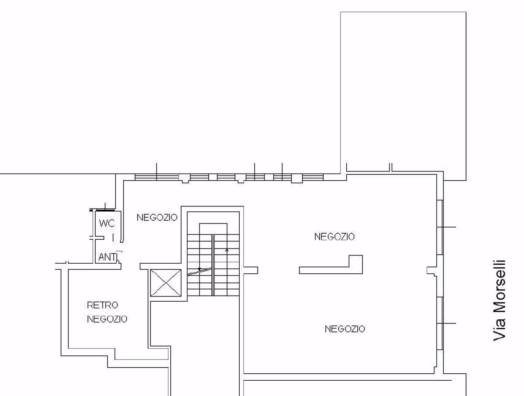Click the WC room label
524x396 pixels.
[107, 223]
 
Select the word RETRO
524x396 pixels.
[103, 305]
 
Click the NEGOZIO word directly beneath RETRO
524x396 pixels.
[107, 319]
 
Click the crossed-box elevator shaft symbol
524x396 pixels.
[166, 283]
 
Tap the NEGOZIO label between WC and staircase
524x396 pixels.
[157, 217]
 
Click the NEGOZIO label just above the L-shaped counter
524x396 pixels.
[334, 237]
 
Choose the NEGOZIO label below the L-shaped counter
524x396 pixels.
[345, 329]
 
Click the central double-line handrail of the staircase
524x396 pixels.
[213, 265]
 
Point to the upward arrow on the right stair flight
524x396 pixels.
[227, 250]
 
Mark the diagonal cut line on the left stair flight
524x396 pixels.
[199, 272]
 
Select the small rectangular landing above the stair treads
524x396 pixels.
[213, 229]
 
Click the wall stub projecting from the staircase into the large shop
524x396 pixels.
[250, 270]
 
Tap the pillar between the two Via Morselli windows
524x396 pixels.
[432, 272]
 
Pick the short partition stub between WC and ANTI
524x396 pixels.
[98, 238]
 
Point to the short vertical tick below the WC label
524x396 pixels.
[113, 238]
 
